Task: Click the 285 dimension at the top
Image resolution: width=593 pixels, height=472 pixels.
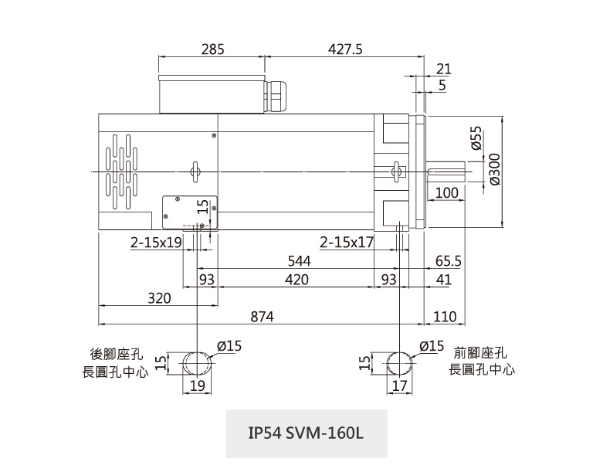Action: pos(212,49)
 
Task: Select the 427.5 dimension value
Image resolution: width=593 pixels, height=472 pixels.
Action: pos(345,49)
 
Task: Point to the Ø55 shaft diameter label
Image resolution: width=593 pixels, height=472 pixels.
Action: pos(476,138)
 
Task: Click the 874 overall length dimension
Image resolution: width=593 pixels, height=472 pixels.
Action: pos(262,317)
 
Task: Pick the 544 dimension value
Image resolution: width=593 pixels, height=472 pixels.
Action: pos(294,262)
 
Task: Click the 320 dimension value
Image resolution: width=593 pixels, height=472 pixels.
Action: pos(159,298)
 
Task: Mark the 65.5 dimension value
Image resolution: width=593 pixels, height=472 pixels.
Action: pos(448,262)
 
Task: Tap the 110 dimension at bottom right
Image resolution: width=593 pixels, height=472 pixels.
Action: pos(446,317)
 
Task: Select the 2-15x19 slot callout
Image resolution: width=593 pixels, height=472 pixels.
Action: pos(155,243)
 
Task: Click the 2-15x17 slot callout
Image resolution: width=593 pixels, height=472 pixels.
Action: pos(347,243)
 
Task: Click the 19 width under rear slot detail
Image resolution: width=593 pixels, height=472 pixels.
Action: pos(198,385)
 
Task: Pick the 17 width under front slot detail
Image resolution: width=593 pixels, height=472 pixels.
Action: pos(399,385)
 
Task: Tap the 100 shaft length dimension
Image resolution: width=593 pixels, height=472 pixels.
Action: pos(446,192)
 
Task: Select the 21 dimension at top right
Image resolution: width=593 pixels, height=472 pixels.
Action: pos(443,69)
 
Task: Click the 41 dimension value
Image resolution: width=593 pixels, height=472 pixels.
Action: pos(443,280)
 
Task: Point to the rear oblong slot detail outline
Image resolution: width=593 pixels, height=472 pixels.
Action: pos(198,362)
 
